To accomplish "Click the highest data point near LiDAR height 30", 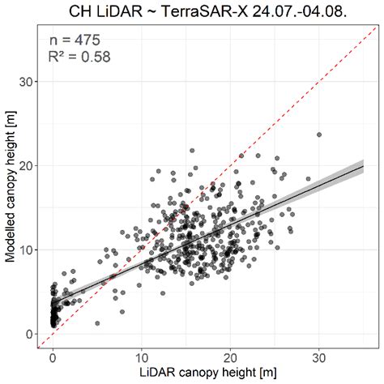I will (x=319, y=134).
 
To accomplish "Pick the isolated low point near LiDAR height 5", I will (x=97, y=323).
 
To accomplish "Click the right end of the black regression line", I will (x=363, y=166).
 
